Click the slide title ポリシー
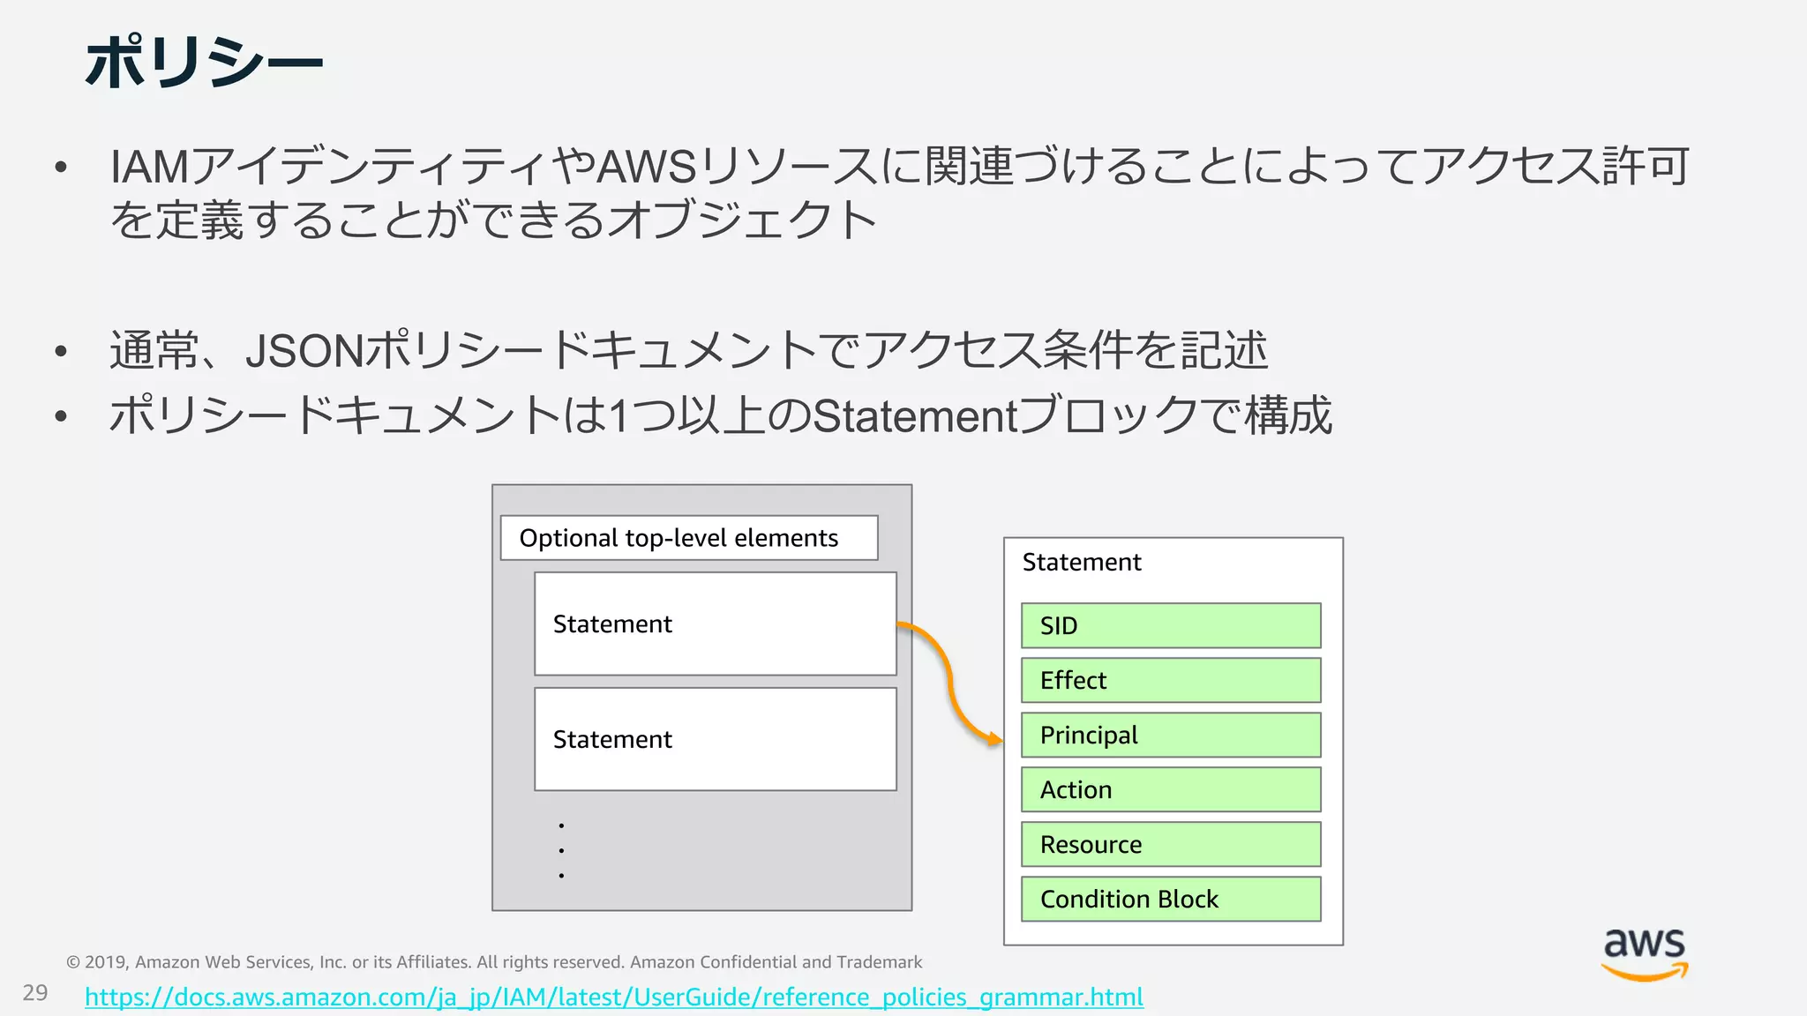204,62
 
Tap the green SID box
1171,625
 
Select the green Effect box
1171,680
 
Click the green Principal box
1171,735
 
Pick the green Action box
1171,789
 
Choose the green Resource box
1171,844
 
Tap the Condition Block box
1171,899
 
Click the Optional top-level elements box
688,538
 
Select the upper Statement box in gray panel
715,624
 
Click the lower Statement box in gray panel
715,739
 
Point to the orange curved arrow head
997,739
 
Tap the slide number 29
35,993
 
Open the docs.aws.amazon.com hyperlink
614,997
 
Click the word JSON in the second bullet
304,351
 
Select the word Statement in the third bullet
915,416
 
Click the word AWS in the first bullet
647,167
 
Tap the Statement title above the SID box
1082,563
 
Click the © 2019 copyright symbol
73,962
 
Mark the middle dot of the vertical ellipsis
561,850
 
